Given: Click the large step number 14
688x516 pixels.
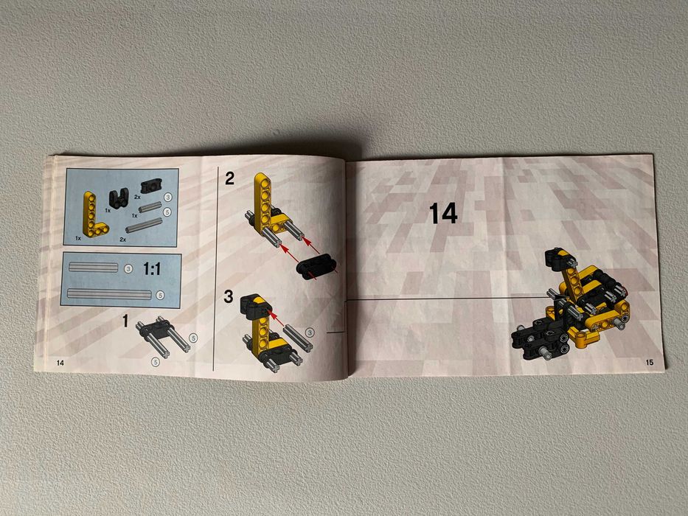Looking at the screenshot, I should (443, 214).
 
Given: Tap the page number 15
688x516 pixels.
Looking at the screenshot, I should (649, 362).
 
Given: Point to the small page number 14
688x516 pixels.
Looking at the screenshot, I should (60, 363).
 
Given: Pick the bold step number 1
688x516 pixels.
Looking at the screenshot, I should (125, 322).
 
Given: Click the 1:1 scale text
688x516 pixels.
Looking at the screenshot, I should (151, 269).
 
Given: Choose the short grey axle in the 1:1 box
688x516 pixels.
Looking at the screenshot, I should (93, 267).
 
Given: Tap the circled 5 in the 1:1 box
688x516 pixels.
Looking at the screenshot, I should (160, 295).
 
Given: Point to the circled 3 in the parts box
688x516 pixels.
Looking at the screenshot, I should (168, 198).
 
